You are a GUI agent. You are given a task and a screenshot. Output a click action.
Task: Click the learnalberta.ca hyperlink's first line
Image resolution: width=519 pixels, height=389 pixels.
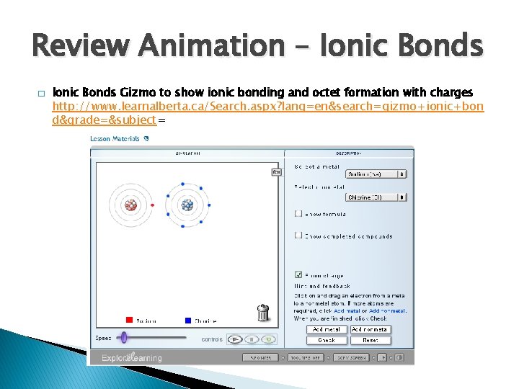tap(267, 106)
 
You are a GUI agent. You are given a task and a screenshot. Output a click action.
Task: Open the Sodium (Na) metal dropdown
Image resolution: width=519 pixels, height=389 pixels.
tap(376, 174)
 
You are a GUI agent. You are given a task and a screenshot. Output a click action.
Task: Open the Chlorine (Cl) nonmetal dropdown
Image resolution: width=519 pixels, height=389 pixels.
tap(376, 197)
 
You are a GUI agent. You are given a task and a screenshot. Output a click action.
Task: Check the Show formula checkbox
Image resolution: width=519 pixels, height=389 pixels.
tap(298, 214)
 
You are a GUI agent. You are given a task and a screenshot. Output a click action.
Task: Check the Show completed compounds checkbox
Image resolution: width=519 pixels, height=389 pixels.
tap(298, 236)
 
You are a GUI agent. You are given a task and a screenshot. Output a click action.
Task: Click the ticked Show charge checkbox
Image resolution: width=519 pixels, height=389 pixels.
tap(298, 274)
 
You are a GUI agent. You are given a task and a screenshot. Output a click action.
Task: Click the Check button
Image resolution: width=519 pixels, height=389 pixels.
tap(327, 340)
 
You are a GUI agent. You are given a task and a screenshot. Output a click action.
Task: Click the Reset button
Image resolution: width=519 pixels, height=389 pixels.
tap(371, 340)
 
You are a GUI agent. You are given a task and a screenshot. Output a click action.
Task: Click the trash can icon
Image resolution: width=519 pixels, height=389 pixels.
tap(263, 313)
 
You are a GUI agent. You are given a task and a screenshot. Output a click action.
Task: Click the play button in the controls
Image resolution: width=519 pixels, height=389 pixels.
tap(234, 339)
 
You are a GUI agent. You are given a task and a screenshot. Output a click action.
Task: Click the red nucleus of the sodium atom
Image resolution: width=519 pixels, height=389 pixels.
tap(131, 205)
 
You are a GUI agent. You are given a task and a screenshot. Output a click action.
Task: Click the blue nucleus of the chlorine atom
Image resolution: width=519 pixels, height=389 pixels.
tap(187, 205)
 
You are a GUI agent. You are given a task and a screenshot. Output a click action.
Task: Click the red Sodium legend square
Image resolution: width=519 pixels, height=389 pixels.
tap(129, 320)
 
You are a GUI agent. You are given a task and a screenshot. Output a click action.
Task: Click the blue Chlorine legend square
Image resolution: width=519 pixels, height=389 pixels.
tap(187, 320)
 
